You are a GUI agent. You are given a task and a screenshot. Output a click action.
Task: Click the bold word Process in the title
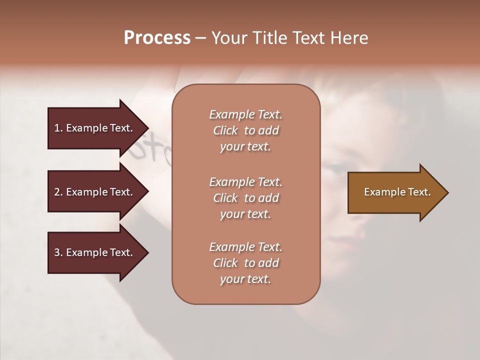[157, 38]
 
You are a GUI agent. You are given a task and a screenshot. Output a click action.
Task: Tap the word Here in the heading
[348, 38]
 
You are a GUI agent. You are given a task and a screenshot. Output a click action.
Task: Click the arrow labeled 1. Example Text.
[95, 128]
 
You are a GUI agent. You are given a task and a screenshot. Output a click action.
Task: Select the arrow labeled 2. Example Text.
[95, 192]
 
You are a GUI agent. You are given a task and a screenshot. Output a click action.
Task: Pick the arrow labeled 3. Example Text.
[95, 252]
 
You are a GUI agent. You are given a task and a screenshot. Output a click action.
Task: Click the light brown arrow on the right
[395, 192]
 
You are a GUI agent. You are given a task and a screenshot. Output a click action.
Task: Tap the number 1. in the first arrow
[58, 128]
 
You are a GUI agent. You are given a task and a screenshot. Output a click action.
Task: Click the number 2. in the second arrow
[58, 192]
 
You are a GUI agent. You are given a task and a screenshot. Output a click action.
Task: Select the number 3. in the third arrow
[58, 252]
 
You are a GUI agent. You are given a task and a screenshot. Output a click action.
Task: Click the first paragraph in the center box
[245, 130]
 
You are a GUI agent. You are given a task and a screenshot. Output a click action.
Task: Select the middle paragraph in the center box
[245, 198]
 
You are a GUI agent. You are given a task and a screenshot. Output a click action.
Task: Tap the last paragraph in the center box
[245, 263]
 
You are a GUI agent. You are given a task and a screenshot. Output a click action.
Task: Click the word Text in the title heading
[310, 38]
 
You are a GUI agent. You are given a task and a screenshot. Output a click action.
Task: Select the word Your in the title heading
[229, 38]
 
